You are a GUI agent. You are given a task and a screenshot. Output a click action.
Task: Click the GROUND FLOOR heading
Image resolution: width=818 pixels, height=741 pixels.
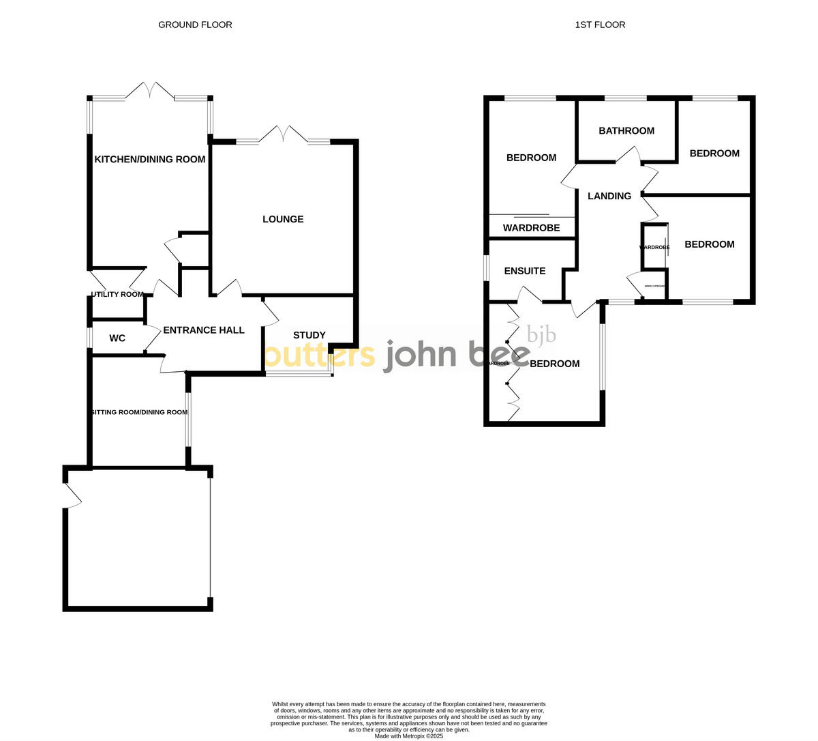(x=195, y=25)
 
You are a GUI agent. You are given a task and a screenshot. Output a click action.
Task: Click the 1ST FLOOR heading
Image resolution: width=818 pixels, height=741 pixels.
(x=600, y=25)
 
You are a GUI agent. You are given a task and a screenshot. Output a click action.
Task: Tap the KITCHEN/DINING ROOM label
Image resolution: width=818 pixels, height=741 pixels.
(x=149, y=160)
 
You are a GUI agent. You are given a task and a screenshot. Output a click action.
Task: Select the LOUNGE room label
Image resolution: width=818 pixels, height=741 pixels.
(x=283, y=219)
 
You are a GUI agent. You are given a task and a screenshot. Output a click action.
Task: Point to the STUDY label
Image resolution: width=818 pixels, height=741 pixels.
(x=309, y=335)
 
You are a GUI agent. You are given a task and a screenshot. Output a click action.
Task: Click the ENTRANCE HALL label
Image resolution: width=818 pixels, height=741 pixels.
(x=203, y=330)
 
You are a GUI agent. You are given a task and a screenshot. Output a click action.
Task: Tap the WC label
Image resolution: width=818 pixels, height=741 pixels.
(x=117, y=338)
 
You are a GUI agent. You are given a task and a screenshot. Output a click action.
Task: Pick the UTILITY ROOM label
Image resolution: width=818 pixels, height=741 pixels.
(x=117, y=295)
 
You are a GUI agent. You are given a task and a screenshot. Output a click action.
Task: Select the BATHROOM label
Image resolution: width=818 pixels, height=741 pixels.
(x=626, y=131)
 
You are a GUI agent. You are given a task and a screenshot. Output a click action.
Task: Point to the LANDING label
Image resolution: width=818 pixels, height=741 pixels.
(x=609, y=196)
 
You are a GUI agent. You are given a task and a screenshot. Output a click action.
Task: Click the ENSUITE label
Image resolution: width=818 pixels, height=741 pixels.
(x=524, y=271)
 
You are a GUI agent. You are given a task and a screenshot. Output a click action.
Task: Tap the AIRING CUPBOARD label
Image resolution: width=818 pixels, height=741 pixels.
(x=654, y=286)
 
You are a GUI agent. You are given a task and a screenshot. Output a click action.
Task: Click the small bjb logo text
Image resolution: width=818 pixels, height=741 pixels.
(x=541, y=334)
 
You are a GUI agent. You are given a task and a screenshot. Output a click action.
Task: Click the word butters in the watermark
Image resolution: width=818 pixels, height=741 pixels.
(x=320, y=355)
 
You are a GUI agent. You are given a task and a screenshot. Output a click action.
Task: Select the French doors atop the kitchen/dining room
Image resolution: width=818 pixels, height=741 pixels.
(x=150, y=91)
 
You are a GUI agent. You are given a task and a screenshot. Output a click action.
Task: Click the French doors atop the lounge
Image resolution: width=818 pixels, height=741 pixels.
(x=283, y=134)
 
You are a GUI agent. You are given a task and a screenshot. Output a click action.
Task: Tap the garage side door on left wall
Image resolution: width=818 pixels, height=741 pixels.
(x=70, y=495)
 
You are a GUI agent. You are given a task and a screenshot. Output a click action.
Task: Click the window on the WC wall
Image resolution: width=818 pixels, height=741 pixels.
(x=89, y=338)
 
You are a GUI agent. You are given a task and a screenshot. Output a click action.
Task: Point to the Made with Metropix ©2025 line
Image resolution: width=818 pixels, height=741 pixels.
(x=408, y=736)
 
